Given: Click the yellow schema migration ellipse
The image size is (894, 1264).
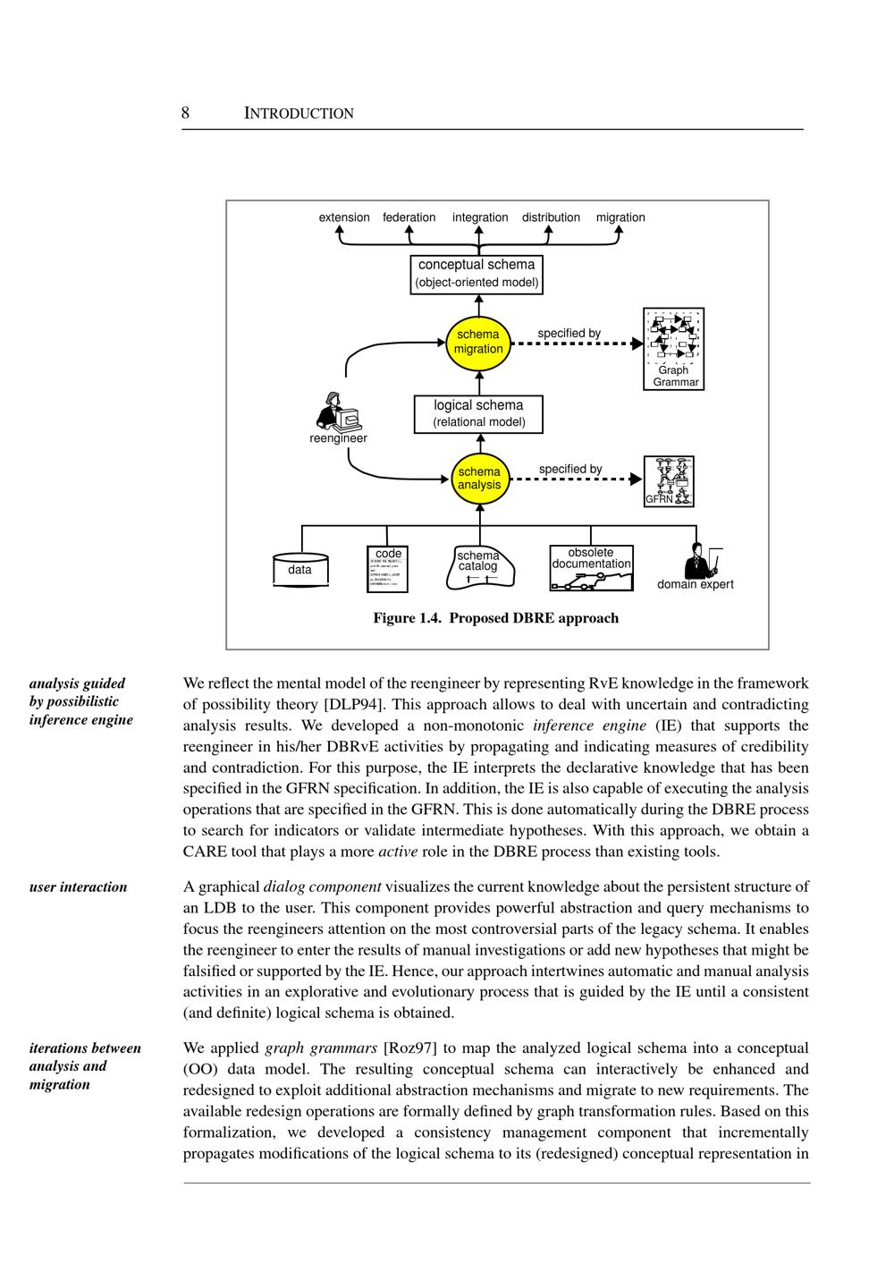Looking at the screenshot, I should click(478, 342).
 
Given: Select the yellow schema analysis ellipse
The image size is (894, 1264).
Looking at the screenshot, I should click(479, 479).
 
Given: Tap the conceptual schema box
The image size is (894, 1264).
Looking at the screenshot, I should click(477, 274).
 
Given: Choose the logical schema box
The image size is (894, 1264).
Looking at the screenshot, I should click(478, 414).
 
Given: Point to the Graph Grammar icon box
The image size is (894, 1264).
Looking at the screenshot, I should click(673, 349).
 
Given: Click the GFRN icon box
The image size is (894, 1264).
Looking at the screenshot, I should click(670, 482).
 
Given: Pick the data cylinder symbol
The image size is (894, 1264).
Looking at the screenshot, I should click(300, 570).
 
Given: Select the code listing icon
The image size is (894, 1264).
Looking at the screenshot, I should click(388, 569).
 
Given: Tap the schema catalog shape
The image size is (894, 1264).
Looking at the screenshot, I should click(480, 568).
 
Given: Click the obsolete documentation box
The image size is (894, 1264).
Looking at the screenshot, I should click(591, 568).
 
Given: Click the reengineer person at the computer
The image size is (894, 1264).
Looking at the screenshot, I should click(338, 412).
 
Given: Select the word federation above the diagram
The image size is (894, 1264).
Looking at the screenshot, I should click(409, 217).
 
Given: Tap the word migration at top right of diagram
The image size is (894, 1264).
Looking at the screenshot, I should click(620, 217).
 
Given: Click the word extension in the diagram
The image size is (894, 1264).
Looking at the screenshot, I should click(344, 217).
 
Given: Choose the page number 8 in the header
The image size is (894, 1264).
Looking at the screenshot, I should click(185, 113).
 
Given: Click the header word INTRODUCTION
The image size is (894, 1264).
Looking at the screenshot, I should click(299, 114).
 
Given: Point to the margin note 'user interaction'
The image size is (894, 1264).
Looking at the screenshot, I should click(79, 887).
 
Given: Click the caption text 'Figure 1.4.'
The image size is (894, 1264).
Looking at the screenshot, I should click(407, 618).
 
